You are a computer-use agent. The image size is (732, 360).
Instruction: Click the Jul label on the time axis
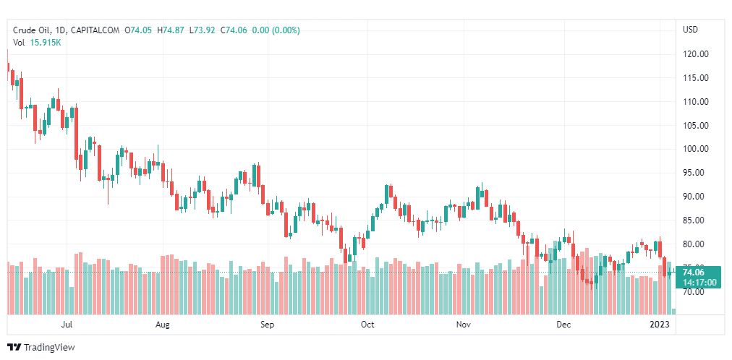[67, 325]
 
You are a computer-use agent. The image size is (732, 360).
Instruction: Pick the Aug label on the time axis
[163, 325]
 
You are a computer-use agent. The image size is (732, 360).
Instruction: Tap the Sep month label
[268, 325]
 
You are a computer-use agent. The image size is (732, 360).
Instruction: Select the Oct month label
[367, 325]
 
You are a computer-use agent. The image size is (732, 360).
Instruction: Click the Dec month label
[563, 325]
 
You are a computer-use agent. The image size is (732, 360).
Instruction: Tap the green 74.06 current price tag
[699, 272]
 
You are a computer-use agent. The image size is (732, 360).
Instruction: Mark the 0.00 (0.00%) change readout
[276, 30]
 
